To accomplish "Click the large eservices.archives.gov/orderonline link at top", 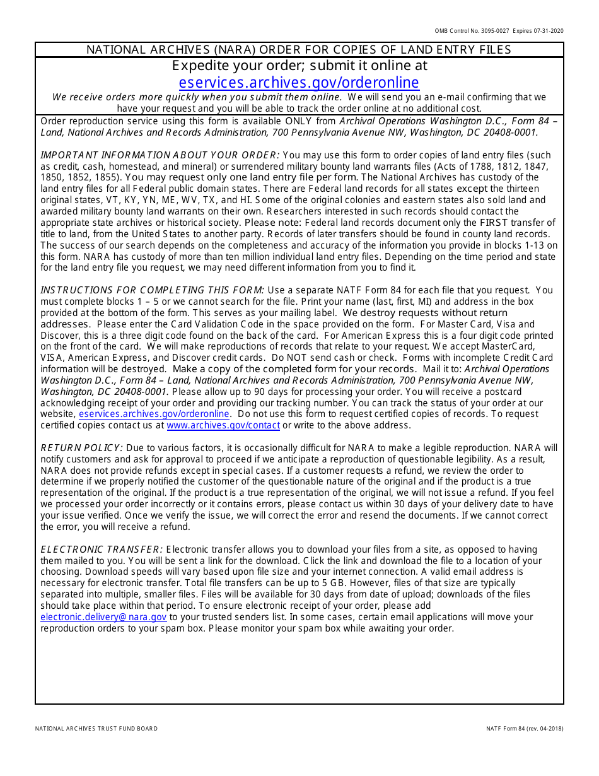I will tap(299, 83).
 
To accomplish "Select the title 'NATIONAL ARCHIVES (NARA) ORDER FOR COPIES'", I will tap(299, 49).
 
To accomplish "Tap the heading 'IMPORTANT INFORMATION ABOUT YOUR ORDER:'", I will tap(160, 155).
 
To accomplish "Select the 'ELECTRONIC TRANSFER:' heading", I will tap(102, 550).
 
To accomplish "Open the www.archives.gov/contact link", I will tap(223, 425).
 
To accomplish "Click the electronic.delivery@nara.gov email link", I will tap(103, 617).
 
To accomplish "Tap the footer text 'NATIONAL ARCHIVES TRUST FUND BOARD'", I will tap(96, 729).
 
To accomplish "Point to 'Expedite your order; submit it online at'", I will tap(299, 66).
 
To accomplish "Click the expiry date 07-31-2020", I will tap(549, 31).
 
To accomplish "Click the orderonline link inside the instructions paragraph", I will tap(154, 414).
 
